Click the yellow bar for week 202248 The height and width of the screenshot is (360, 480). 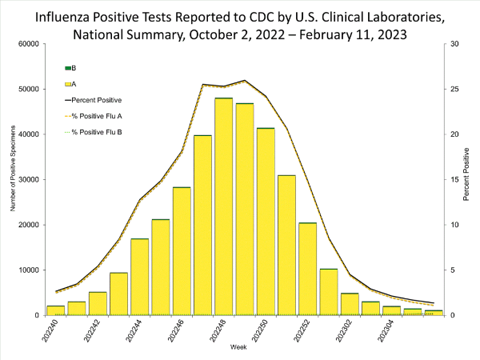(223, 206)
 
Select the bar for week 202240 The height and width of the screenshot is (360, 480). (56, 310)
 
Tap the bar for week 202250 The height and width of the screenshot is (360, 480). (266, 222)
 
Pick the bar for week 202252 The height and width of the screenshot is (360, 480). (308, 269)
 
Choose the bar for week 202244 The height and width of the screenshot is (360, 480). (139, 277)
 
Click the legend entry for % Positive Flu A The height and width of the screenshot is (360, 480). (94, 116)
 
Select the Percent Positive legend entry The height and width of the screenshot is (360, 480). (94, 100)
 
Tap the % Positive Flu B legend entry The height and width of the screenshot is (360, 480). (94, 132)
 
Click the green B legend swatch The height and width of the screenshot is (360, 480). (68, 68)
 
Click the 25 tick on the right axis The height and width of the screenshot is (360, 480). (455, 89)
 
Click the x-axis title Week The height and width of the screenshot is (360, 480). (238, 347)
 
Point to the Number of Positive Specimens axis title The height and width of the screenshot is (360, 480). (13, 168)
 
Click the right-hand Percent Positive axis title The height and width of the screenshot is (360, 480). (466, 174)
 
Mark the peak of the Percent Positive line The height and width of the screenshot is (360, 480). (245, 80)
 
